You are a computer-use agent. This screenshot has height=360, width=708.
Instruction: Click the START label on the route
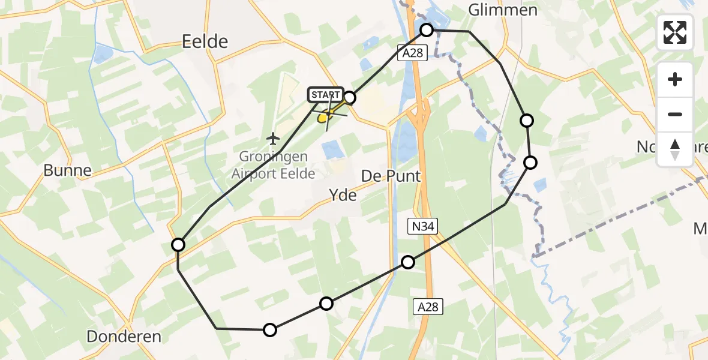click(x=326, y=95)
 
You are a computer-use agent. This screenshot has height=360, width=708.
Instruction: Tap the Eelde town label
click(x=205, y=41)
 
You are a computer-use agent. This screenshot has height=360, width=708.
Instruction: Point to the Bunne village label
click(x=68, y=170)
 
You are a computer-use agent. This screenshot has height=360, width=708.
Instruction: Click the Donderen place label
click(x=124, y=337)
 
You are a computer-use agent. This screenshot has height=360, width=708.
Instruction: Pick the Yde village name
click(x=343, y=195)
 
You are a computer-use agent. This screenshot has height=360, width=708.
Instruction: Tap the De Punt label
click(x=391, y=176)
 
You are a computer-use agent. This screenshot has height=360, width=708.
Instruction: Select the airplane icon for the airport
click(x=274, y=139)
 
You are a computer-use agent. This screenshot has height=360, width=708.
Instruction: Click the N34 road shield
click(x=424, y=226)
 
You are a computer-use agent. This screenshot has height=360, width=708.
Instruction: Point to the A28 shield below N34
click(x=428, y=307)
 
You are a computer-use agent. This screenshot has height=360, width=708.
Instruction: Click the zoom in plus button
click(x=675, y=79)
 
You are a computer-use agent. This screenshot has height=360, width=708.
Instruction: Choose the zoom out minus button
click(x=675, y=114)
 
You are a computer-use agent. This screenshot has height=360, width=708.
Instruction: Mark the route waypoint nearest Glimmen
click(x=427, y=29)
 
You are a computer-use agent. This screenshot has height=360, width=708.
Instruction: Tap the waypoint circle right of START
click(x=349, y=98)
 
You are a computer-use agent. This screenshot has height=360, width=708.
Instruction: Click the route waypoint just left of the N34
click(x=408, y=262)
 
